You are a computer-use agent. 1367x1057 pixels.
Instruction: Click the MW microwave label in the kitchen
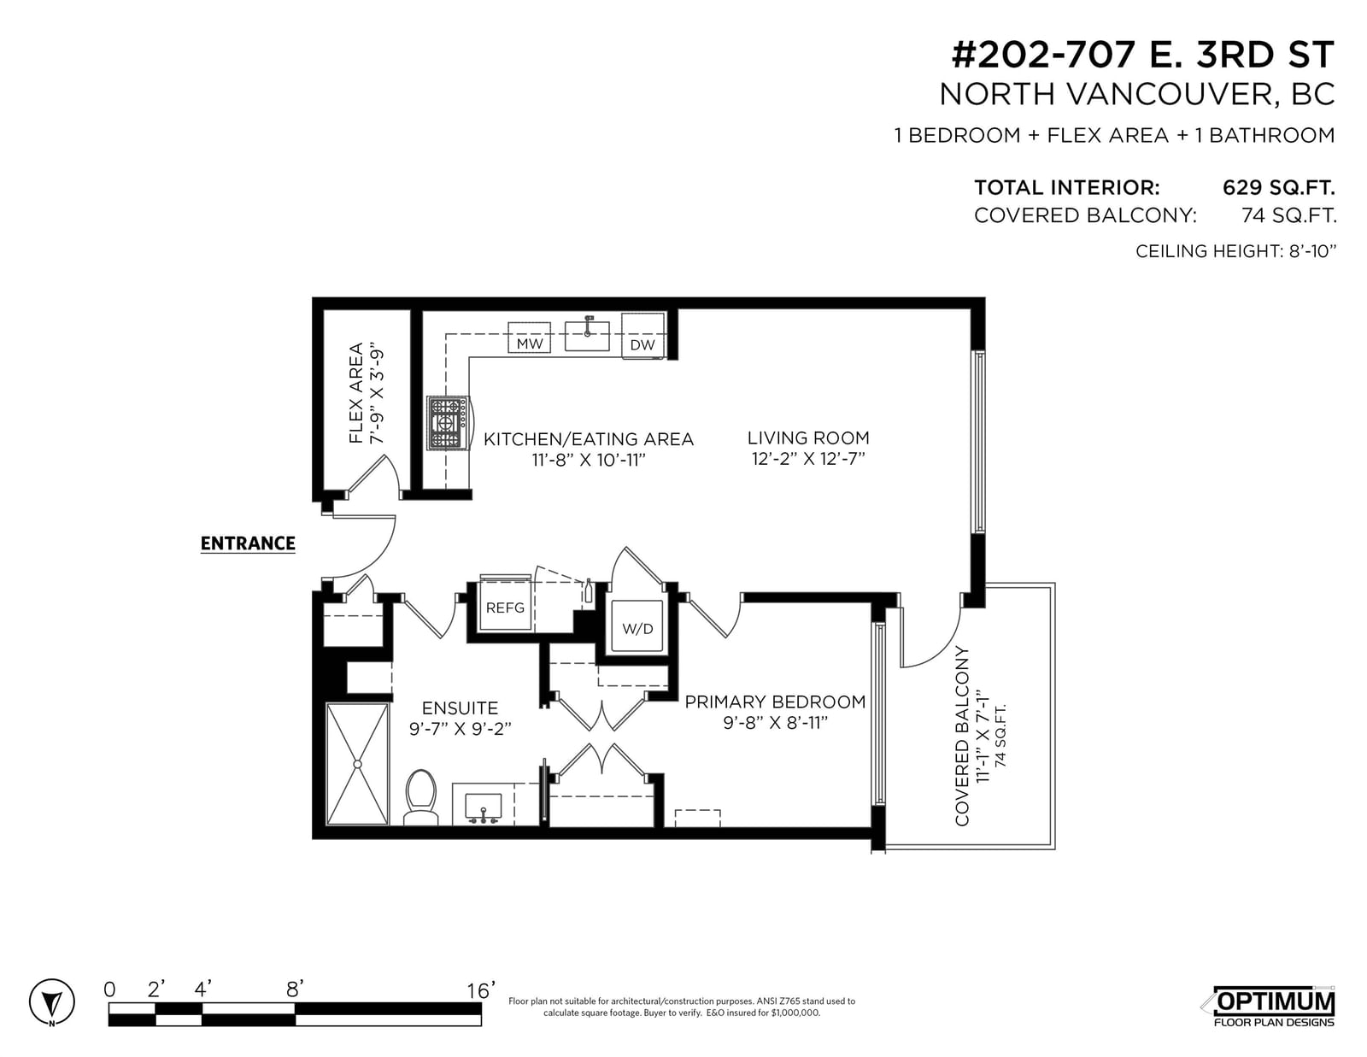point(529,344)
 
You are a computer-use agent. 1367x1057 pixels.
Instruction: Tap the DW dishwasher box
point(643,336)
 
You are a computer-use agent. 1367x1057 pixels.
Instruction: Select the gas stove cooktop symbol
point(448,424)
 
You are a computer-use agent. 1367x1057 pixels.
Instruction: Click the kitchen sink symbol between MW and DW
point(587,335)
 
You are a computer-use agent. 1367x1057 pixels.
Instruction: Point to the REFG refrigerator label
point(505,608)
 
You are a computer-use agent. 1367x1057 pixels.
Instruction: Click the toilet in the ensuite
point(421,797)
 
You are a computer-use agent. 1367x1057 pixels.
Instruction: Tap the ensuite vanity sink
point(483,807)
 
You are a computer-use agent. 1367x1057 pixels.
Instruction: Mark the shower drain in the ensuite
point(357,765)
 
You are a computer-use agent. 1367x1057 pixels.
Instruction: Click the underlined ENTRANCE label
point(248,543)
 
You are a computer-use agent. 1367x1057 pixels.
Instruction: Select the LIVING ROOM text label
point(808,437)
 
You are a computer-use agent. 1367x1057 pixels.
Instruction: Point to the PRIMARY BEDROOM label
point(775,702)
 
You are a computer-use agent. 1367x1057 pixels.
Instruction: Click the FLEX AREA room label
point(356,393)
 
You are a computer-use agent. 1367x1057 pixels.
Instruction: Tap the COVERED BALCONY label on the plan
point(962,736)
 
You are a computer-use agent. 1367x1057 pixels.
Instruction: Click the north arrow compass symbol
point(51,1001)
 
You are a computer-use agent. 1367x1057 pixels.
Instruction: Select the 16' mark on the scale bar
point(481,991)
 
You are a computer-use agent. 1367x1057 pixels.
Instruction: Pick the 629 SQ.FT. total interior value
point(1278,187)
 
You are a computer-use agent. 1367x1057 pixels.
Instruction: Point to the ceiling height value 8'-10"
point(1311,251)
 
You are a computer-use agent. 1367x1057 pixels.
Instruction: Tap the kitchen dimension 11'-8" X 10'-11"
point(589,460)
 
